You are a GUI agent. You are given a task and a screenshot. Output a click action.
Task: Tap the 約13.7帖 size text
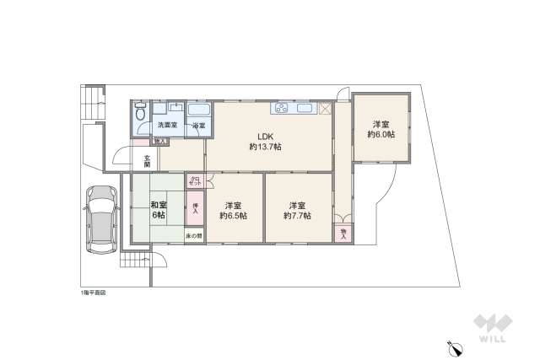(266, 147)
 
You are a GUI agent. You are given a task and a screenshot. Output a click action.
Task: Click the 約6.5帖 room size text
(234, 216)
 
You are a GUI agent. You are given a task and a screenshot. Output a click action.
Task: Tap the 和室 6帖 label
(158, 210)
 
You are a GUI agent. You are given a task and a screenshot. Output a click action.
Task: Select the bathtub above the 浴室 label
(198, 110)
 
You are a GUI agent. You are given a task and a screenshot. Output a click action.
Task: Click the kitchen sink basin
(305, 109)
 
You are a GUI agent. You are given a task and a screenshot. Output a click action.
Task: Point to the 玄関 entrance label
(147, 161)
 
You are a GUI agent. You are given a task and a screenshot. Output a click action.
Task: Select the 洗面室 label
(168, 126)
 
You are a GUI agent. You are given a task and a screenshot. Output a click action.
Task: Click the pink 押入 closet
(195, 208)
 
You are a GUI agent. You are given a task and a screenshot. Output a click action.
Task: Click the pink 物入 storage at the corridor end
(343, 233)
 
